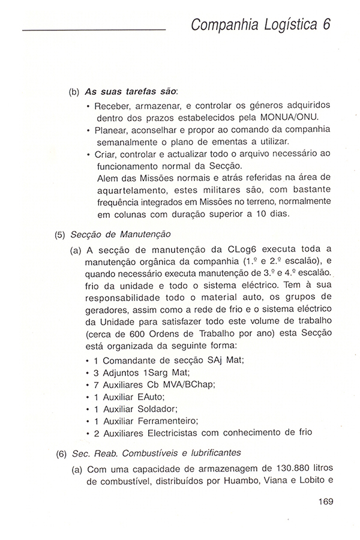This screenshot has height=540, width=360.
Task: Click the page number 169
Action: (x=322, y=502)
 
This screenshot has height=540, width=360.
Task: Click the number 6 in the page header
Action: (x=326, y=25)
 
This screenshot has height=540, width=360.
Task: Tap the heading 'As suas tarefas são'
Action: (x=131, y=93)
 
